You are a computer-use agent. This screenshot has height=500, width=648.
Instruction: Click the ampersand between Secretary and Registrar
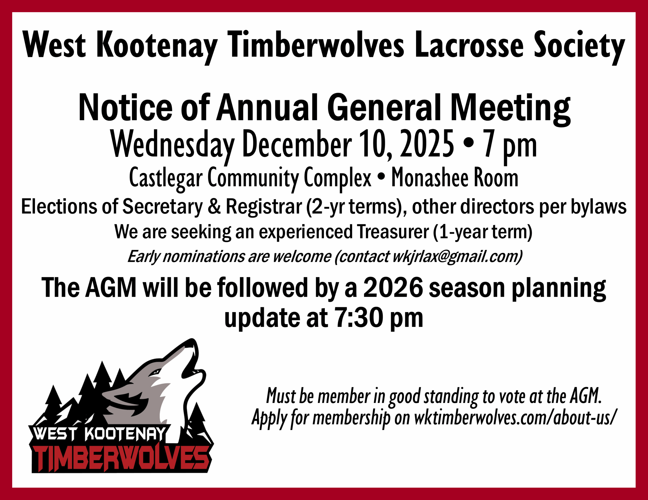coord(214,207)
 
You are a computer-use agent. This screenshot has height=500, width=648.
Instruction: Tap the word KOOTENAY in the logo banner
coord(125,434)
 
